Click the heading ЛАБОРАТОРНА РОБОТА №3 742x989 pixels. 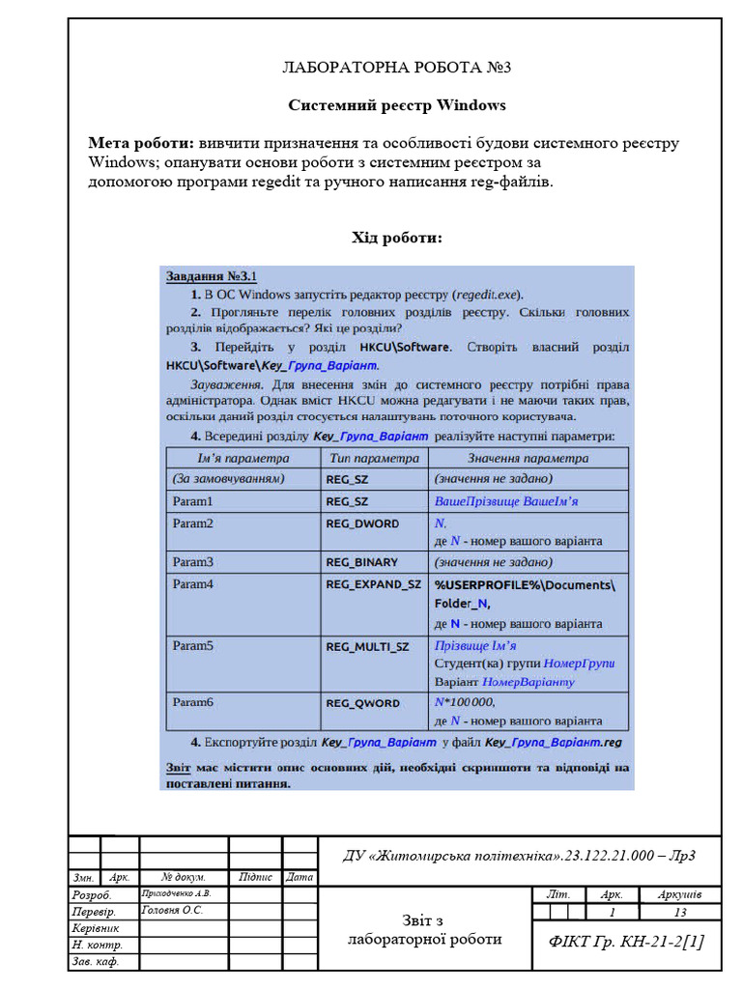pyautogui.click(x=396, y=68)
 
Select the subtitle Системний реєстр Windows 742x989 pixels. pyautogui.click(x=396, y=104)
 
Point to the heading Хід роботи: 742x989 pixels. pyautogui.click(x=396, y=237)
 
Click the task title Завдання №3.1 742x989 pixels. pyautogui.click(x=211, y=276)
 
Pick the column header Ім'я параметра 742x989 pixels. pyautogui.click(x=243, y=459)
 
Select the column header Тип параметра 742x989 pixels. pyautogui.click(x=374, y=459)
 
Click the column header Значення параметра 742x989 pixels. pyautogui.click(x=528, y=459)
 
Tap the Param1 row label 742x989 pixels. pyautogui.click(x=192, y=501)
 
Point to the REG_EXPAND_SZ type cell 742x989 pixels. pyautogui.click(x=373, y=584)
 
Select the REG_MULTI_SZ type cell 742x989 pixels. pyautogui.click(x=367, y=646)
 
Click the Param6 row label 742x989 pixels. pyautogui.click(x=192, y=702)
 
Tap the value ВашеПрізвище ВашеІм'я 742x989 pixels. pyautogui.click(x=506, y=501)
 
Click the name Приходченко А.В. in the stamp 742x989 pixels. pyautogui.click(x=176, y=893)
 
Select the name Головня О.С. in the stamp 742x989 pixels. pyautogui.click(x=172, y=910)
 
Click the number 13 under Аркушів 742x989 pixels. pyautogui.click(x=680, y=912)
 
